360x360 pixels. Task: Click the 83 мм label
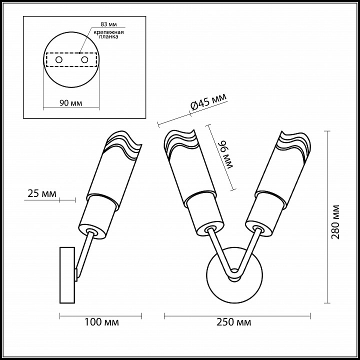pos(108,24)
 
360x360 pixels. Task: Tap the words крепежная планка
pos(108,34)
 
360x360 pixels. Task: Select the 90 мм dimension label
pos(70,103)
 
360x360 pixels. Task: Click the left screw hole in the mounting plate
pos(59,60)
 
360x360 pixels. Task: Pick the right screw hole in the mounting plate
pos(84,60)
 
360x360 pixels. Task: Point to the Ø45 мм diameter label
pos(208,102)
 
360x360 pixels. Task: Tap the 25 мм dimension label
pos(42,193)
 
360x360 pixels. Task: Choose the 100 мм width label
pos(101,322)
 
